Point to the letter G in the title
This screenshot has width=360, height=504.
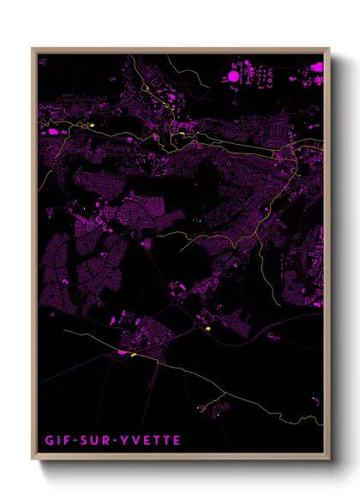(48, 441)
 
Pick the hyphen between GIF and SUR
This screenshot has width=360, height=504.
(70, 441)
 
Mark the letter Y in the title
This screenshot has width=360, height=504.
(119, 441)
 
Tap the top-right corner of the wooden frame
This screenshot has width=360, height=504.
(329, 48)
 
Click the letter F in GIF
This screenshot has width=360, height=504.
(63, 441)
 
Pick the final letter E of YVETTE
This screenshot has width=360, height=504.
(176, 441)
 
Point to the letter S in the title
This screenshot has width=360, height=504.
(79, 441)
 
